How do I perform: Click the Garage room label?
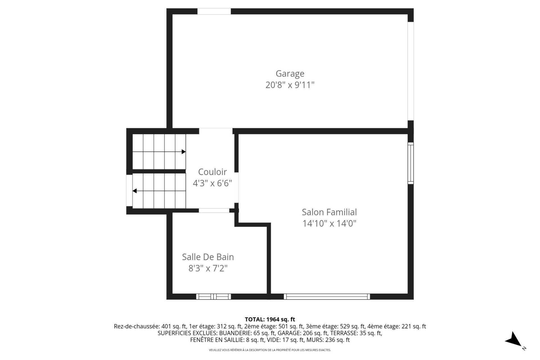tap(290, 73)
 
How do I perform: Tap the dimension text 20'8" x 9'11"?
tap(290, 85)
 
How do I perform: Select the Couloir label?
tap(212, 172)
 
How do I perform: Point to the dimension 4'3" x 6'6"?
tap(212, 183)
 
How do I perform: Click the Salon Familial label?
tap(329, 212)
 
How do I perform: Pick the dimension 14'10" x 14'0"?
tap(329, 223)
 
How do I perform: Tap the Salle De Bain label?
tap(208, 257)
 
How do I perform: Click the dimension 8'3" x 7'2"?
tap(208, 268)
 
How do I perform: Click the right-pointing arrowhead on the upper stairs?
tap(184, 152)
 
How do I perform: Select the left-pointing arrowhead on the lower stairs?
tap(135, 191)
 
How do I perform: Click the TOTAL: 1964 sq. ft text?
tap(270, 319)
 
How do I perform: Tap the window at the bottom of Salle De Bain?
tap(213, 296)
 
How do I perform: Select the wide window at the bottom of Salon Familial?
tap(327, 296)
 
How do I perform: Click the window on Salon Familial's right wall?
tap(411, 163)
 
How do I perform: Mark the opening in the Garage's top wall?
tap(214, 11)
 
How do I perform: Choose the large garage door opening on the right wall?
tap(411, 71)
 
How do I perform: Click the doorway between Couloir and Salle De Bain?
tap(214, 210)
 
